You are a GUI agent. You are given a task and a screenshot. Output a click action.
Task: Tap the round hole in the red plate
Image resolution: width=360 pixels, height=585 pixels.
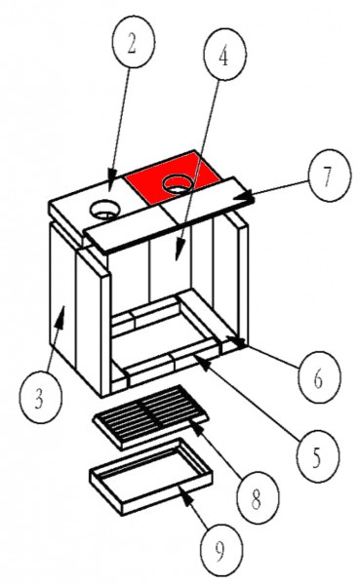(179, 184)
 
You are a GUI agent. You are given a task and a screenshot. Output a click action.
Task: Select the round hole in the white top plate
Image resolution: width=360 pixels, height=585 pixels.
(105, 210)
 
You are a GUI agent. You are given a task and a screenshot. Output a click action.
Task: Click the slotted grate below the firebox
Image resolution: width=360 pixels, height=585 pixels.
(150, 416)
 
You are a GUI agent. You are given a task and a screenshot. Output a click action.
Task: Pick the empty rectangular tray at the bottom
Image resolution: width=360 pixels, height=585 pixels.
(151, 476)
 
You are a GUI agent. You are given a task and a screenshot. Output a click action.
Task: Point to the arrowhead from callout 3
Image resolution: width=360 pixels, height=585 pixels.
(60, 316)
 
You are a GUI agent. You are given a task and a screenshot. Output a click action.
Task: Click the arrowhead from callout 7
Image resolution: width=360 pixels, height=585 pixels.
(247, 195)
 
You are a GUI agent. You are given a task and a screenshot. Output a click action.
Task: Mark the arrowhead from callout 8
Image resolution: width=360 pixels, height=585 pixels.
(199, 428)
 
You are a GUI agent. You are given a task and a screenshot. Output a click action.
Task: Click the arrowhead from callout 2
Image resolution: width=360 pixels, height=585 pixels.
(112, 180)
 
